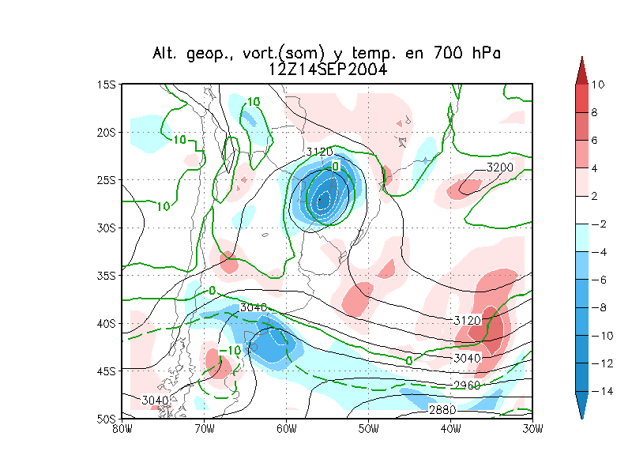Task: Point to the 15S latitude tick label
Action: coord(106,85)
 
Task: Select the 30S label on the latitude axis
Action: coord(106,228)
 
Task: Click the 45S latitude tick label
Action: coord(106,371)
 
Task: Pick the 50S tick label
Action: coord(106,418)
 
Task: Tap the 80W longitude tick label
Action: coord(121,429)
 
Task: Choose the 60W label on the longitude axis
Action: coord(286,429)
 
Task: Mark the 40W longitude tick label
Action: coord(450,429)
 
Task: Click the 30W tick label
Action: coord(532,429)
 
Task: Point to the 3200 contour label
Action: coord(499,167)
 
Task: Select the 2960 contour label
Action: coord(466,385)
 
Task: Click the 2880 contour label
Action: coord(442,410)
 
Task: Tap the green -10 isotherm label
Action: coord(230,350)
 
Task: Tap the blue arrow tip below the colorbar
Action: coord(581,412)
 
